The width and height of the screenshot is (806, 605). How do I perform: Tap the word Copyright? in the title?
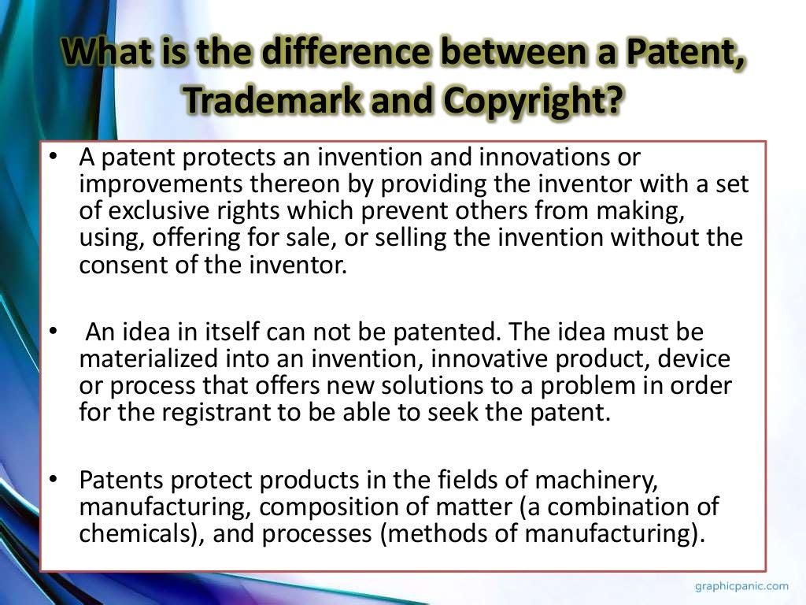[531, 99]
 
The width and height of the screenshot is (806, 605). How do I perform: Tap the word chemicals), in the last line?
[140, 533]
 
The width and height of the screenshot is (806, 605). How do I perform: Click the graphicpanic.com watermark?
[741, 586]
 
